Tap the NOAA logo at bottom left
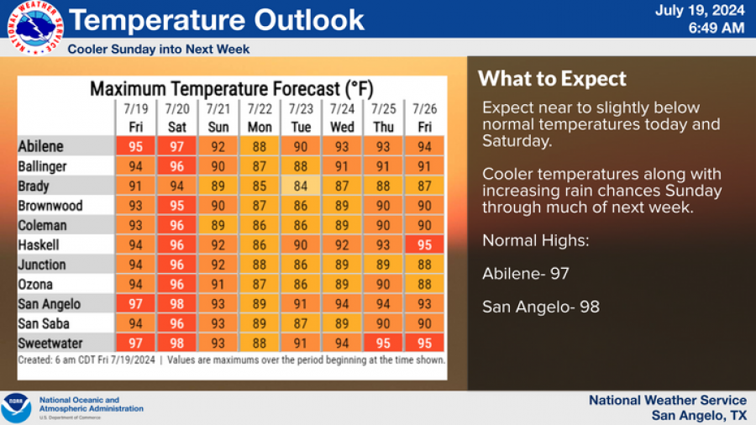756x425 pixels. [16, 407]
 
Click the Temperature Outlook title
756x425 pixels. [217, 20]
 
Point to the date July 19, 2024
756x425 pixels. [699, 11]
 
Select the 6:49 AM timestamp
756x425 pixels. [716, 29]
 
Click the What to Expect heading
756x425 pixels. [552, 79]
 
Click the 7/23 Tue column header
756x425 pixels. [301, 118]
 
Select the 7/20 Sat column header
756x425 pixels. [176, 118]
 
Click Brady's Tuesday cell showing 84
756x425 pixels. [301, 186]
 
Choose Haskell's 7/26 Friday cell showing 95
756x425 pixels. [425, 244]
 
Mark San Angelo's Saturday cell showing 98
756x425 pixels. [176, 303]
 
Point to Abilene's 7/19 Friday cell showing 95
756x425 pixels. [135, 147]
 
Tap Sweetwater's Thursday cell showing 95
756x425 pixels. [384, 343]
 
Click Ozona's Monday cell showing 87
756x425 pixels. [260, 284]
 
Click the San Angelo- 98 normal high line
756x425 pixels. [541, 307]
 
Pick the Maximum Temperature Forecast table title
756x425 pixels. [232, 88]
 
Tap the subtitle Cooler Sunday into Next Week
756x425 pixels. [159, 50]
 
